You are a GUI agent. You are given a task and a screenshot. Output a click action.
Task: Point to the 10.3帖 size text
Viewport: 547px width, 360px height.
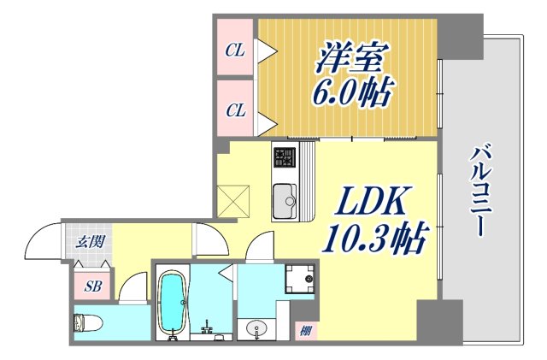(x=373, y=240)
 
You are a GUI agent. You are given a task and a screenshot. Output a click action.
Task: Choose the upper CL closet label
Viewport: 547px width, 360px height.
(x=234, y=50)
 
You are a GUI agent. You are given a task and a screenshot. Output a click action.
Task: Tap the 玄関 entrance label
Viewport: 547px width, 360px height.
(x=89, y=242)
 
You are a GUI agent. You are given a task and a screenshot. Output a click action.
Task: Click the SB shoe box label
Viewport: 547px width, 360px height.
(x=93, y=286)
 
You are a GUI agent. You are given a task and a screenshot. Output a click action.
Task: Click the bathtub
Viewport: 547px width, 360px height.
(x=173, y=303)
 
